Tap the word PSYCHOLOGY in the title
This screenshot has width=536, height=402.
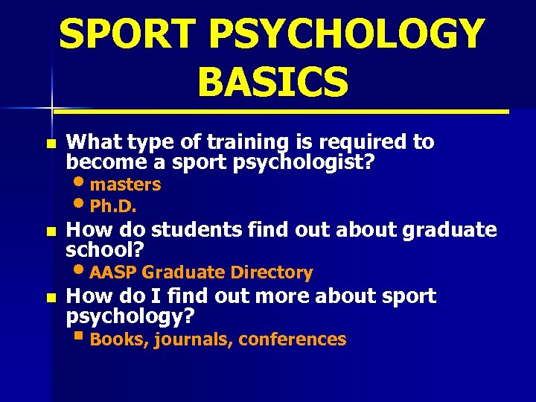(351, 34)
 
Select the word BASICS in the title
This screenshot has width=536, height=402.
(272, 81)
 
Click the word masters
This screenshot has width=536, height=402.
(125, 184)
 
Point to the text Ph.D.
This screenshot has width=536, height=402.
(112, 205)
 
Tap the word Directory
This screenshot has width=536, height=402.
(271, 272)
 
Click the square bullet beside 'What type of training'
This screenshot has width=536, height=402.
(50, 143)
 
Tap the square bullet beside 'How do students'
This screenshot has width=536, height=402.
(50, 232)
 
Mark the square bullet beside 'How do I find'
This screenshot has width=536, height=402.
(50, 297)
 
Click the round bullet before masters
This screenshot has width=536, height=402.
(80, 182)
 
